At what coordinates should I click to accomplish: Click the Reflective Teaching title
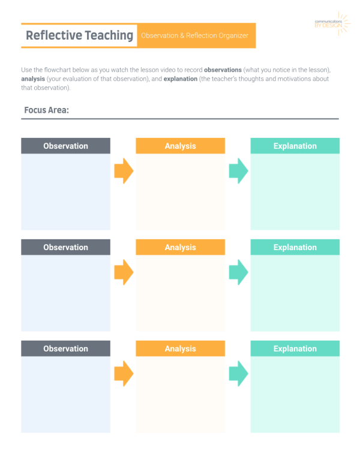coord(79,35)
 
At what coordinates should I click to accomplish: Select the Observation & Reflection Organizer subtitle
coord(194,35)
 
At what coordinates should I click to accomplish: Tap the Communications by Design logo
coord(332,24)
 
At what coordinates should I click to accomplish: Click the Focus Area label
coord(46,110)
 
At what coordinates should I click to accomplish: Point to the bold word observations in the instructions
coord(223,70)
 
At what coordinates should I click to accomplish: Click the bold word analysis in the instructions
coord(33,79)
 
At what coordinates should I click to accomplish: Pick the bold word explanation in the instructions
coord(181,79)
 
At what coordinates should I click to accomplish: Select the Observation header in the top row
coord(65,146)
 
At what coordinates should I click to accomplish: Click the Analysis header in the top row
coord(181,146)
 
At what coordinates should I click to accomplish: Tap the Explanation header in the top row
coord(295,146)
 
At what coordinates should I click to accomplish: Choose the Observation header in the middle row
coord(65,247)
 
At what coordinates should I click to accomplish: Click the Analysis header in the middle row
coord(181,247)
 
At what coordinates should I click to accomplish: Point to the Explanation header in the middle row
coord(295,247)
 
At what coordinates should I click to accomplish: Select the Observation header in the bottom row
coord(65,348)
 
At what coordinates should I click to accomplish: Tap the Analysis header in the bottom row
coord(181,348)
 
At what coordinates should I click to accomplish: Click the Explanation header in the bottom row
coord(295,348)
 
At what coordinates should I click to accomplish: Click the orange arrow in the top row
coord(124,171)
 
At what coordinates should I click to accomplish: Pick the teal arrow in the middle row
coord(238,272)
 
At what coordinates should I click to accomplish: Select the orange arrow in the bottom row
coord(124,374)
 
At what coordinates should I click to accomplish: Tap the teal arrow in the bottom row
coord(238,374)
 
